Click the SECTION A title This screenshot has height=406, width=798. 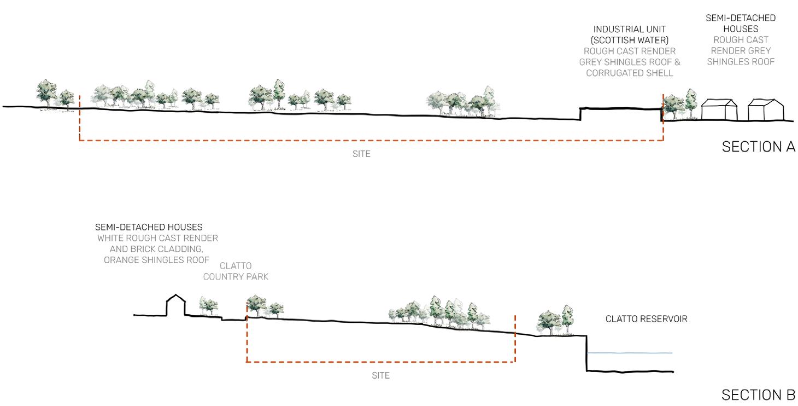tap(758, 147)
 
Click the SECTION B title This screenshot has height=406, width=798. tap(758, 395)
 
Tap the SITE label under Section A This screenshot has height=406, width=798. tap(361, 154)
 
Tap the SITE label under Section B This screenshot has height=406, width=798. tap(380, 375)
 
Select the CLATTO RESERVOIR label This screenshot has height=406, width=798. tap(646, 318)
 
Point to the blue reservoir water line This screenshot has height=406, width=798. tap(629, 353)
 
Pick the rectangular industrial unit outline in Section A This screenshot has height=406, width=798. tap(620, 114)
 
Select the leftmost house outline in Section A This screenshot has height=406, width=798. tap(719, 110)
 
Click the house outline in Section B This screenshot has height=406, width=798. tap(175, 305)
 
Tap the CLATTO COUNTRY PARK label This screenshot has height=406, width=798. tap(236, 271)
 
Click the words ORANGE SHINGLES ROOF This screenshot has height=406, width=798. tap(156, 260)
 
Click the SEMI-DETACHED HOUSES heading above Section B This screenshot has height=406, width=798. tap(149, 227)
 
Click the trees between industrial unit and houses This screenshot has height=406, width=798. tap(680, 105)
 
